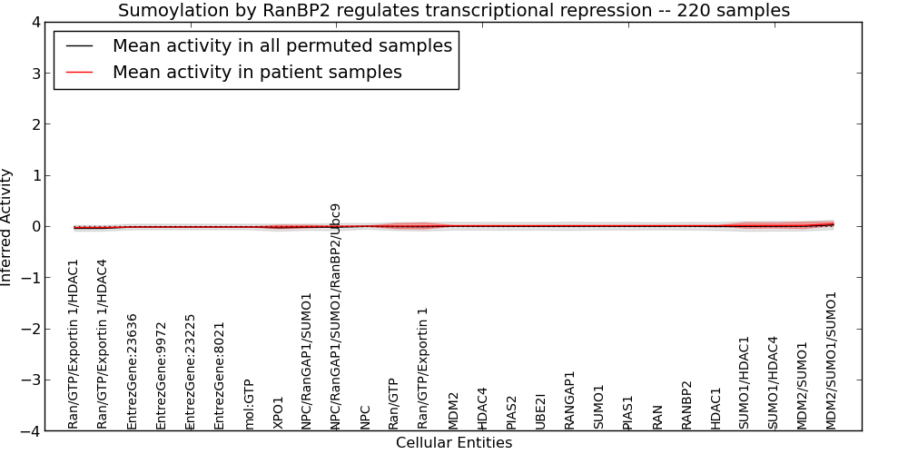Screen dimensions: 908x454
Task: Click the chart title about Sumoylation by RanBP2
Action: point(454,10)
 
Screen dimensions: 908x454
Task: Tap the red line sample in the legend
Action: point(79,73)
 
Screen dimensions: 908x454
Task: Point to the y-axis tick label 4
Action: point(36,23)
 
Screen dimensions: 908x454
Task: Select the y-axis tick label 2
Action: point(36,124)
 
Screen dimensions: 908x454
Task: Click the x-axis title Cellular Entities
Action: point(454,443)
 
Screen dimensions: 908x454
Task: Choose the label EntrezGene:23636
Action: point(132,371)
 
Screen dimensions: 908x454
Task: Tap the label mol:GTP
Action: point(249,405)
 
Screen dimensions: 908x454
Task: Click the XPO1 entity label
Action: point(279,413)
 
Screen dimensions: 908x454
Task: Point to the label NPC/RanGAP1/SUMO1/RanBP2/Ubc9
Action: point(335,317)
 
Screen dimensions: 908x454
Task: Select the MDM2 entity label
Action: point(453,411)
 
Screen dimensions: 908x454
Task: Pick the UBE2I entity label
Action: point(541,411)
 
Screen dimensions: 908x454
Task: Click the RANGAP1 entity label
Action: point(570,400)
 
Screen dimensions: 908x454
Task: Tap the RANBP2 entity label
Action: point(686,405)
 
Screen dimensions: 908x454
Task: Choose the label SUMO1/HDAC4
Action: point(774,383)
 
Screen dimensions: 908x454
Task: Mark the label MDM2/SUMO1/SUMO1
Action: point(832,360)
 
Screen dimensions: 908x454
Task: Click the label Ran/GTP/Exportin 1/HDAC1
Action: point(74,345)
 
